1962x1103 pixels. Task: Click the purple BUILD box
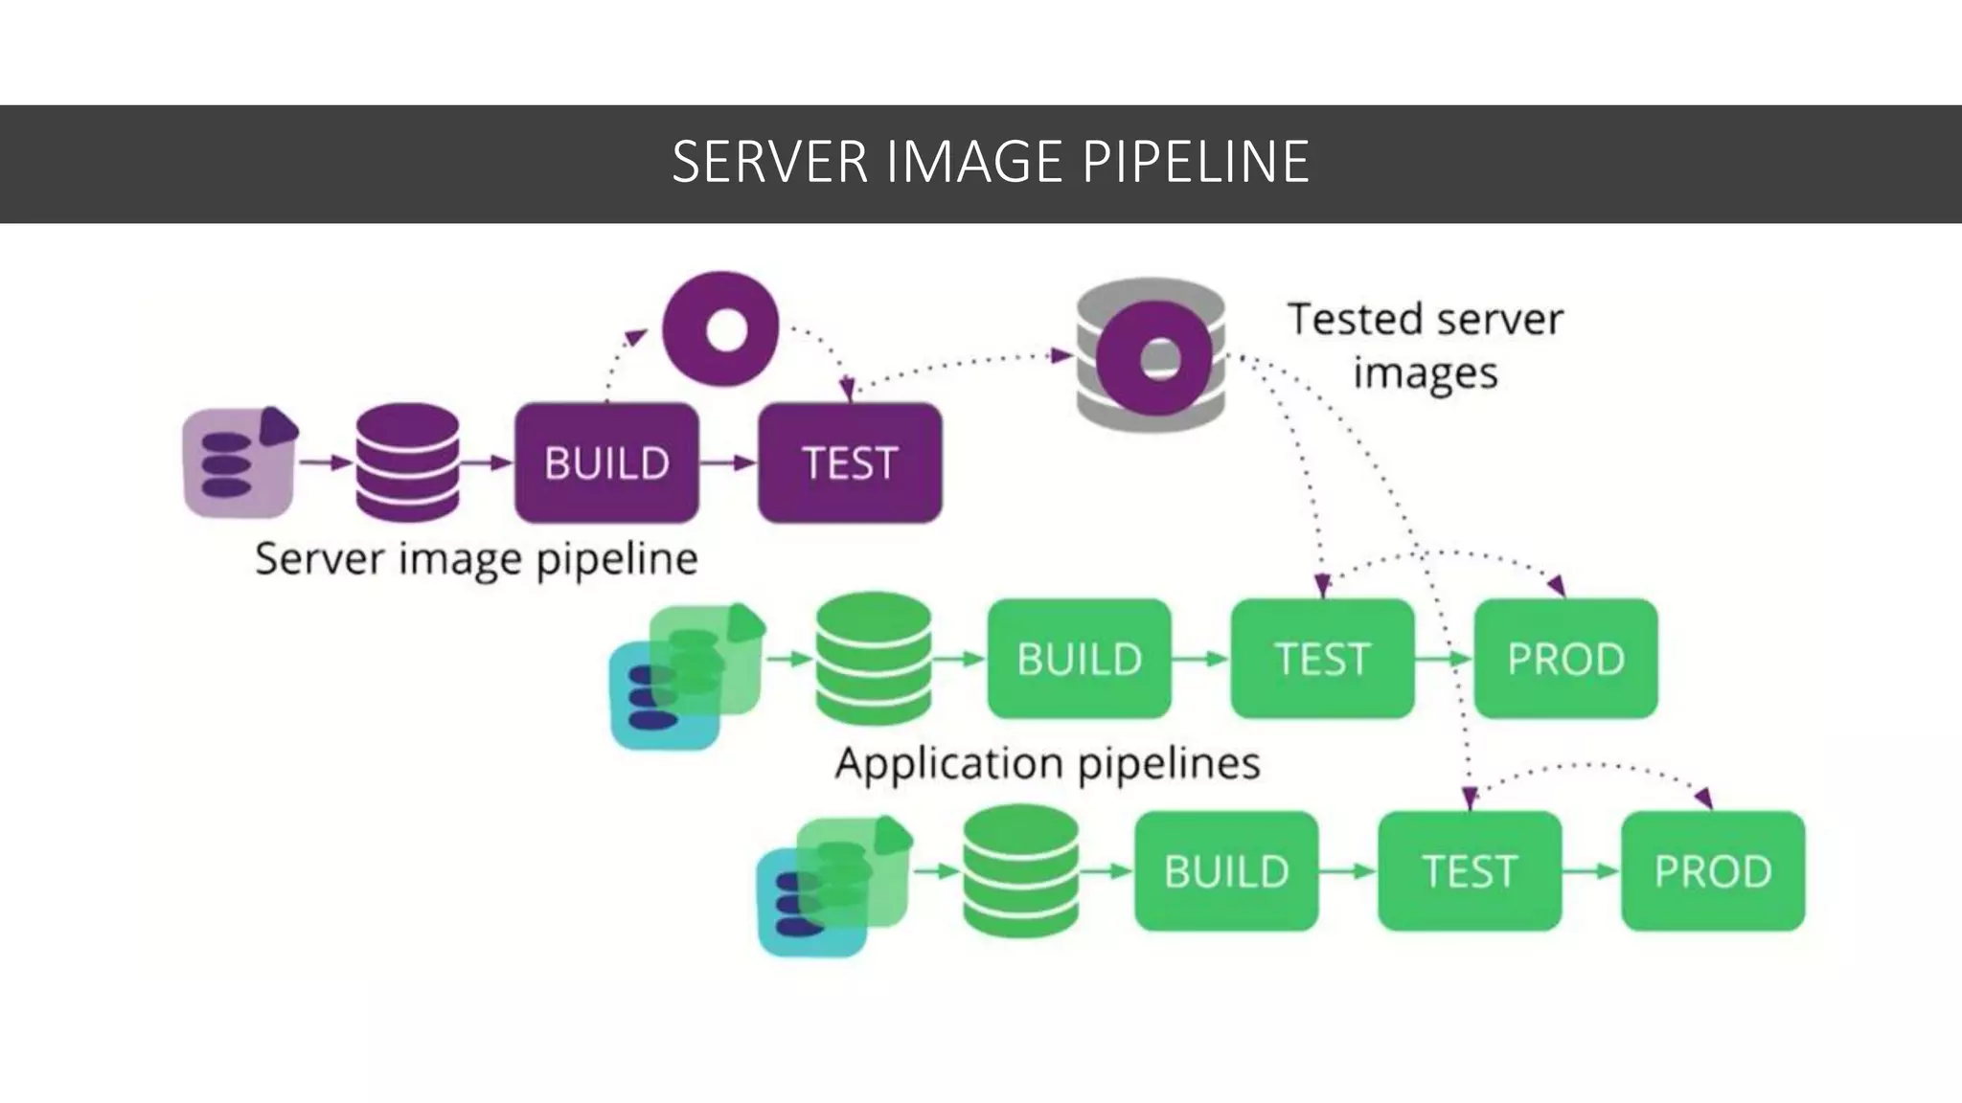606,463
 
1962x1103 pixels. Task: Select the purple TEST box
850,463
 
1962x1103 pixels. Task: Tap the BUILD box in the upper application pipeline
1079,659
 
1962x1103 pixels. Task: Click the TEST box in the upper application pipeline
1322,659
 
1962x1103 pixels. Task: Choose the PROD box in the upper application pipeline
1565,659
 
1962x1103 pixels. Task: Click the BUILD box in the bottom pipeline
1226,871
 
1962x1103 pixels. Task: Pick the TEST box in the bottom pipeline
1470,871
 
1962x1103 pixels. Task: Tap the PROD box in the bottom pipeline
1713,871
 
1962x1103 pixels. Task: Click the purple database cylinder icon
407,462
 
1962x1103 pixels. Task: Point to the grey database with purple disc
1151,356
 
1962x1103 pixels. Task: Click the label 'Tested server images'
1425,346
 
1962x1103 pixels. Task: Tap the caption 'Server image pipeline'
476,559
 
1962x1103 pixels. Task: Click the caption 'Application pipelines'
1047,764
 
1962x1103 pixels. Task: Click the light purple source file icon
239,463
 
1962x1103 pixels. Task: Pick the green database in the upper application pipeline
873,659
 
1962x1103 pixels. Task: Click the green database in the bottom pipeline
1020,871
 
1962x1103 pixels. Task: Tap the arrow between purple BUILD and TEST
728,463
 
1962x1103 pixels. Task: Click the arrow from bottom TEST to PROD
1591,871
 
